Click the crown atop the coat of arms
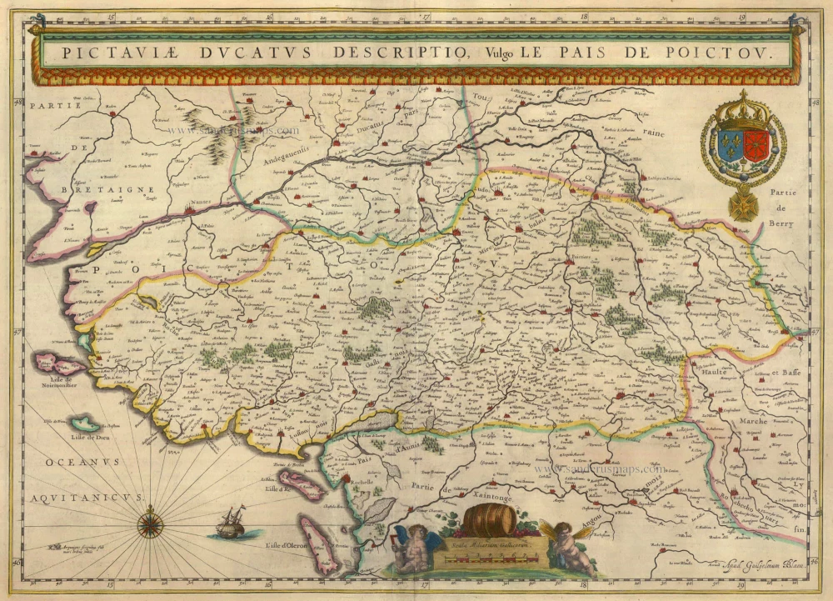(x=743, y=111)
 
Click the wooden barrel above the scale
(x=489, y=519)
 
